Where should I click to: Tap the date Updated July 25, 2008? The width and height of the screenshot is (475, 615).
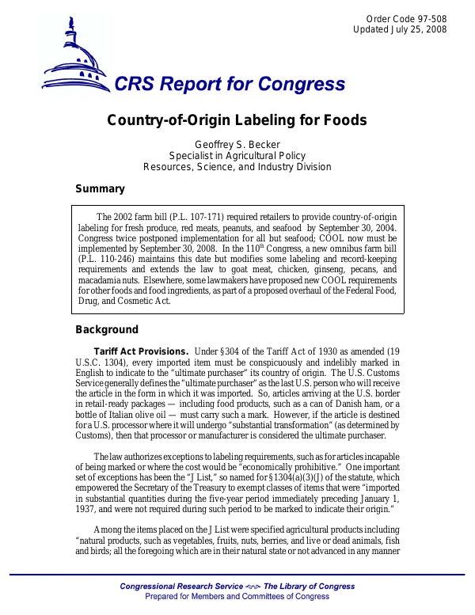click(400, 30)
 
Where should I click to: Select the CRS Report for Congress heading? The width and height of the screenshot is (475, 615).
click(230, 85)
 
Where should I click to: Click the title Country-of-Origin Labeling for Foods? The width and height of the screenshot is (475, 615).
click(237, 120)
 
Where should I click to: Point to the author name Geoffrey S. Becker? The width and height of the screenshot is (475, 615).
click(237, 144)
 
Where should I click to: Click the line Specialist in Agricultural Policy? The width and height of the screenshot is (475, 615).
click(237, 156)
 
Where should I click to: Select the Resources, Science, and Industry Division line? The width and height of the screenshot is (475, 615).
click(237, 167)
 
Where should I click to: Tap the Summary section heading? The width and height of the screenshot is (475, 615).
click(100, 189)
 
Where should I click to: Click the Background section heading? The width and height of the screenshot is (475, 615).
click(107, 330)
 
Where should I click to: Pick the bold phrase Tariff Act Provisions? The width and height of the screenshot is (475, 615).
click(141, 351)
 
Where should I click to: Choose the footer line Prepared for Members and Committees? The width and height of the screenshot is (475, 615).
click(237, 596)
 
